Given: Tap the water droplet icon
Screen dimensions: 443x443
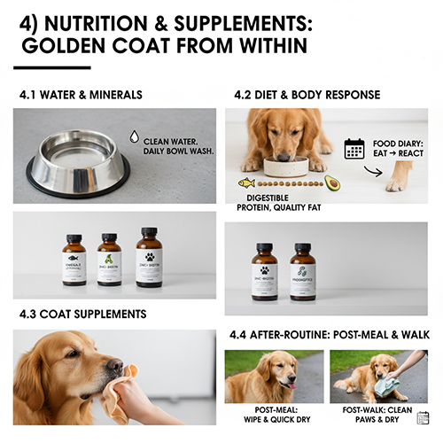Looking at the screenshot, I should coord(134,136).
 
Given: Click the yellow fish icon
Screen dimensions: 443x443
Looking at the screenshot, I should coord(247,183).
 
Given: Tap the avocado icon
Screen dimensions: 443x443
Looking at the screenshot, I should coord(332,183).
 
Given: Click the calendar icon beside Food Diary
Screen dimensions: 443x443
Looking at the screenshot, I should coord(354,148).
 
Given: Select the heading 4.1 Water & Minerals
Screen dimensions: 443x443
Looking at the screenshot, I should coord(81,95).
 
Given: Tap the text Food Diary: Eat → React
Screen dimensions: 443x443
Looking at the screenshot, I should coord(400,148).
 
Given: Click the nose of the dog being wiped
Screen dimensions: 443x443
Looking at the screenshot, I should coord(115,364).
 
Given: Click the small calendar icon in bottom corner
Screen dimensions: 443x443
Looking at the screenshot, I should coord(423,417).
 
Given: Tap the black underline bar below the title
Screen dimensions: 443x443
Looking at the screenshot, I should coord(52,67).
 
